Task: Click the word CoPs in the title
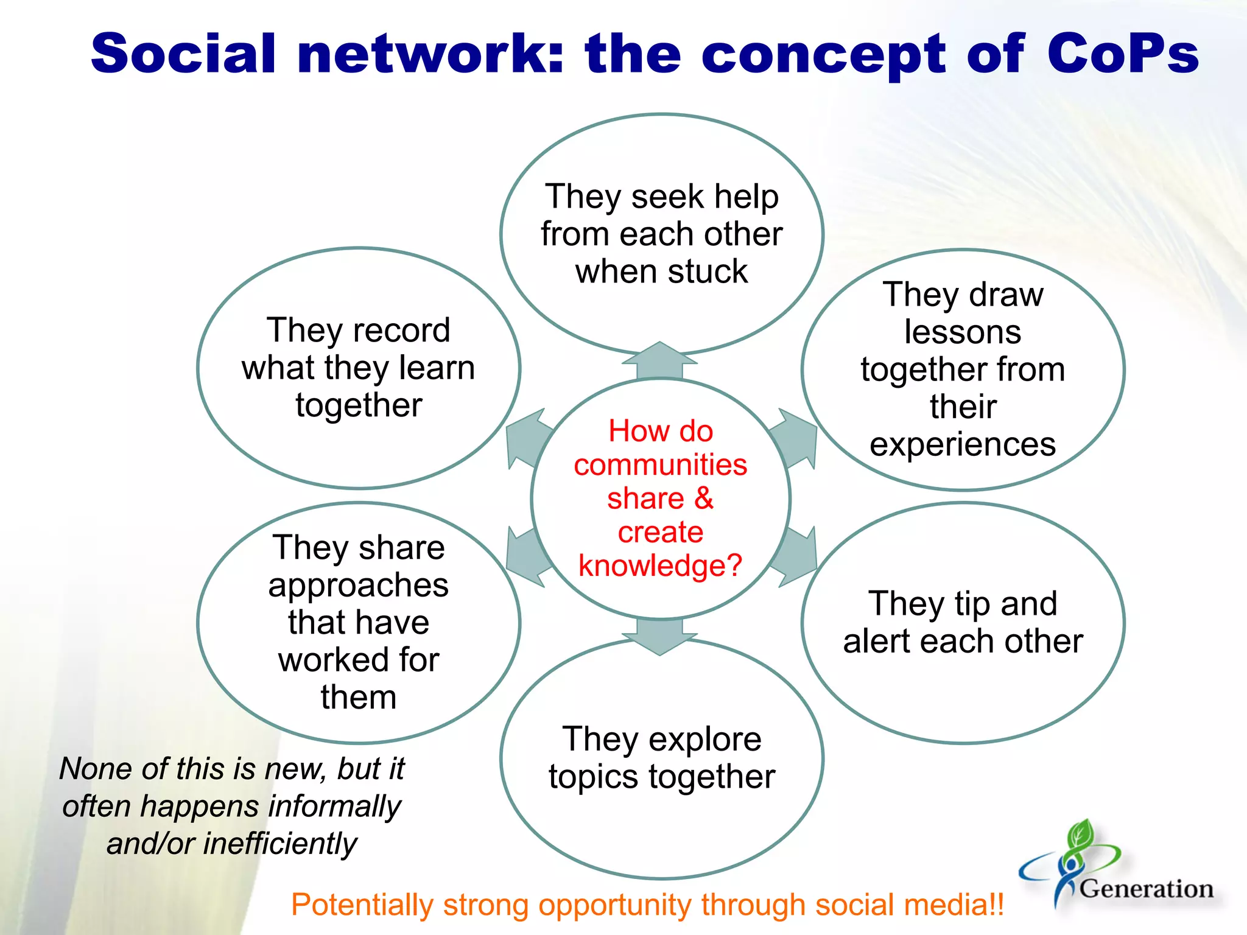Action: pyautogui.click(x=1122, y=54)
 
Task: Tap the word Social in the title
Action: pyautogui.click(x=183, y=54)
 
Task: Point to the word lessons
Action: pyautogui.click(x=962, y=332)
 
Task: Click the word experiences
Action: pyautogui.click(x=962, y=444)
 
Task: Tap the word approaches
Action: pyautogui.click(x=358, y=586)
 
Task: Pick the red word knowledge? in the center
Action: pyautogui.click(x=660, y=566)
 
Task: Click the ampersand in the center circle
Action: pyautogui.click(x=703, y=499)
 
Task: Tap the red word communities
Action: pyautogui.click(x=660, y=465)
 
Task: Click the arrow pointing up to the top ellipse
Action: pyautogui.click(x=659, y=360)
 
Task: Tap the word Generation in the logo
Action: pyautogui.click(x=1147, y=889)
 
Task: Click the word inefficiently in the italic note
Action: pyautogui.click(x=280, y=844)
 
